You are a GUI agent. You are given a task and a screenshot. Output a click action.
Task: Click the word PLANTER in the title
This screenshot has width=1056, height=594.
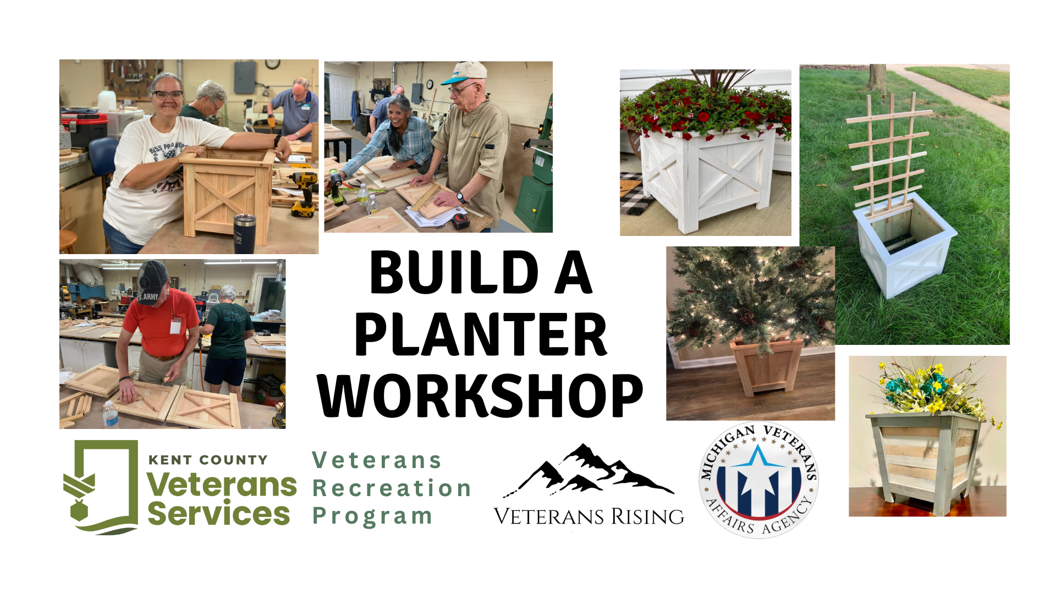(481, 334)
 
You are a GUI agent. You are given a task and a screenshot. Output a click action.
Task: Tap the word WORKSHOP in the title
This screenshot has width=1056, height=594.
(481, 395)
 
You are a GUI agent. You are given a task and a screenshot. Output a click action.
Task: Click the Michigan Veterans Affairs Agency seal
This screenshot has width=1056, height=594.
(758, 480)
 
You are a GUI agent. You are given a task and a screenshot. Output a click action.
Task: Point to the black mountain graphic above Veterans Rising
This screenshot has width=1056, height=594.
(588, 470)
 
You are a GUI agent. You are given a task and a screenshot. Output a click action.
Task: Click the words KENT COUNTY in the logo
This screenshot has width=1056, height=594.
(208, 460)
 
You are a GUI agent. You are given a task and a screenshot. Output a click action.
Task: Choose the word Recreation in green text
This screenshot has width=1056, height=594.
(392, 488)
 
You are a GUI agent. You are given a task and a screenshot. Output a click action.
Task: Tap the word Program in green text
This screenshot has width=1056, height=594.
(372, 516)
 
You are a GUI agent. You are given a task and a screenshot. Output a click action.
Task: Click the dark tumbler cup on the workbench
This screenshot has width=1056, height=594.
(244, 233)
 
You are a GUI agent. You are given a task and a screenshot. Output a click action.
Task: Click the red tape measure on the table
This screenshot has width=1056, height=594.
(461, 221)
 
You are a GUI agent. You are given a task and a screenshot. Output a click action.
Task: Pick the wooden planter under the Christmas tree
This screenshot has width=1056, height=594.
(766, 365)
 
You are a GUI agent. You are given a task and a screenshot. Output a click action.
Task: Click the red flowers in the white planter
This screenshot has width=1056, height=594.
(706, 107)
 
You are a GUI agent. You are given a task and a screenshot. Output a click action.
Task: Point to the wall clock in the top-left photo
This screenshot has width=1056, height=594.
(273, 64)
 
